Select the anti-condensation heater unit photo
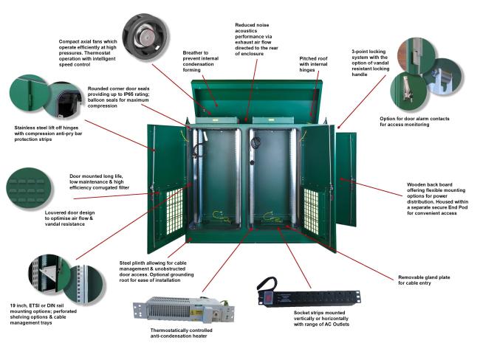pyautogui.click(x=184, y=310)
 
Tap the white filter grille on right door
pyautogui.click(x=311, y=211)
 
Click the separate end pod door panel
pyautogui.click(x=346, y=179)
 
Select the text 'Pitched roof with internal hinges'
pyautogui.click(x=313, y=64)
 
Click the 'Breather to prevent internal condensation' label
pyautogui.click(x=201, y=61)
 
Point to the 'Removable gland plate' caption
pyautogui.click(x=424, y=280)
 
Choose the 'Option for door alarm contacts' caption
pyautogui.click(x=414, y=122)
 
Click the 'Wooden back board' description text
pyautogui.click(x=437, y=198)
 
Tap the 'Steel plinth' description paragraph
pyautogui.click(x=157, y=271)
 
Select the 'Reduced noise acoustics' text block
pyautogui.click(x=256, y=39)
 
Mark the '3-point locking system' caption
pyautogui.click(x=371, y=63)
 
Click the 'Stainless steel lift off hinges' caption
pyautogui.click(x=48, y=134)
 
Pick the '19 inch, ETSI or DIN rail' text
pyautogui.click(x=43, y=314)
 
